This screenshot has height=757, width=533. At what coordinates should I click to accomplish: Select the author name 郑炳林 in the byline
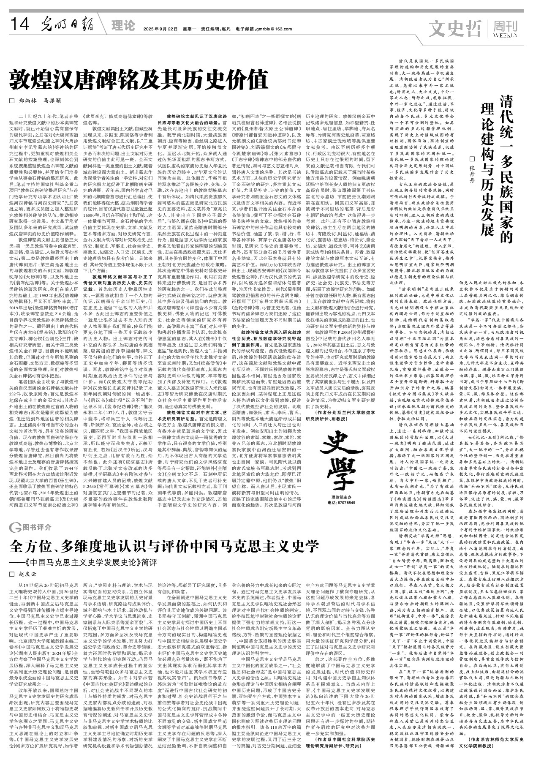(27, 101)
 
